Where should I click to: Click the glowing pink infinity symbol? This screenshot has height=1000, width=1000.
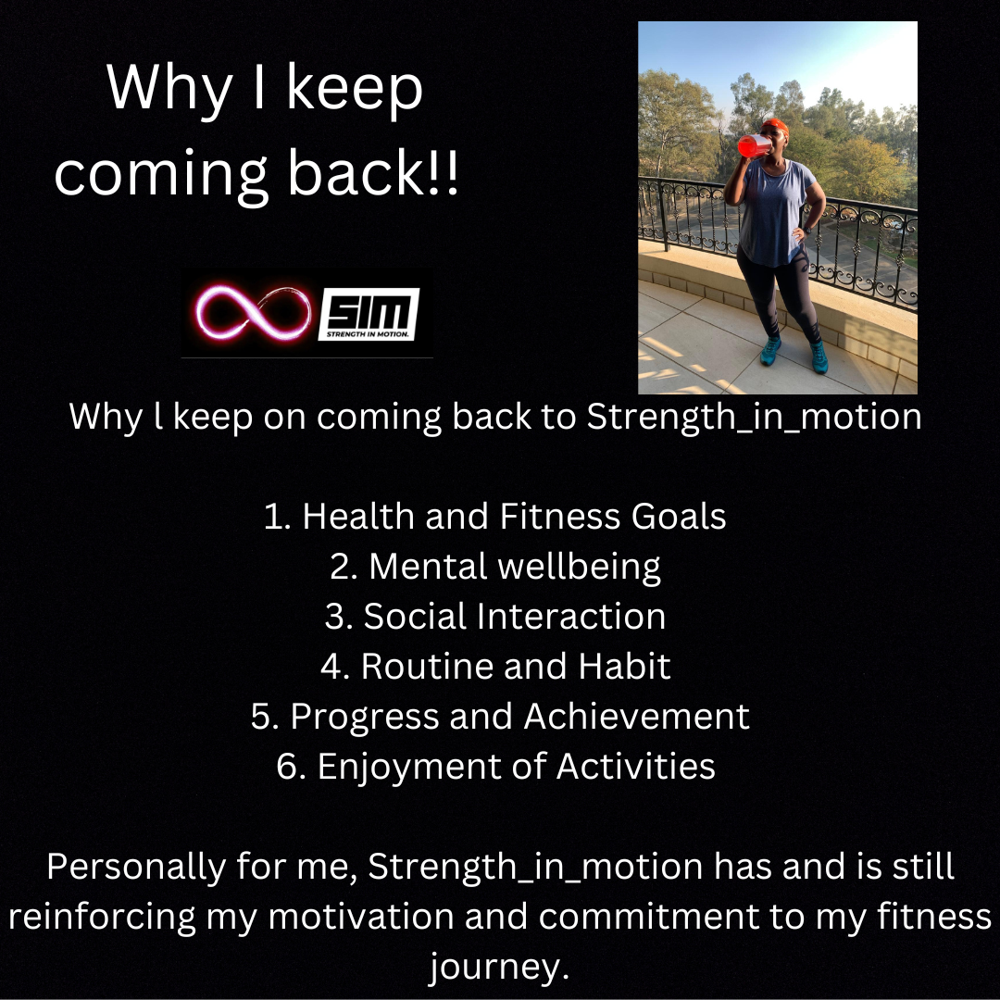(253, 313)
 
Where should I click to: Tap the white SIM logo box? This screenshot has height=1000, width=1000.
(369, 314)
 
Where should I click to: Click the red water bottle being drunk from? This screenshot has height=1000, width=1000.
(754, 146)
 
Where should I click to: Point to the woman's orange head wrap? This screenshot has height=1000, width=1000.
(776, 126)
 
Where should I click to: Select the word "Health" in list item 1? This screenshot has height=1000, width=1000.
(357, 516)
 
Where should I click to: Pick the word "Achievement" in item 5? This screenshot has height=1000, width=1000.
(636, 716)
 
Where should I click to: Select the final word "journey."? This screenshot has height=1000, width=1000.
(499, 969)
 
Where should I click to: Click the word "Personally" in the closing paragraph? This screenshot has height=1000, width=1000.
(136, 868)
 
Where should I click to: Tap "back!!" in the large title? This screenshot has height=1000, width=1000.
(373, 173)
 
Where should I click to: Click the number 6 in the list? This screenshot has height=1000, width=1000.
(288, 766)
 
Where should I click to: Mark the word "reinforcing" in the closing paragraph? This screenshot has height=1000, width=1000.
(102, 917)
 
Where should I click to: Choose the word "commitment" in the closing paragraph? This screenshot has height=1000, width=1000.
(648, 917)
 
